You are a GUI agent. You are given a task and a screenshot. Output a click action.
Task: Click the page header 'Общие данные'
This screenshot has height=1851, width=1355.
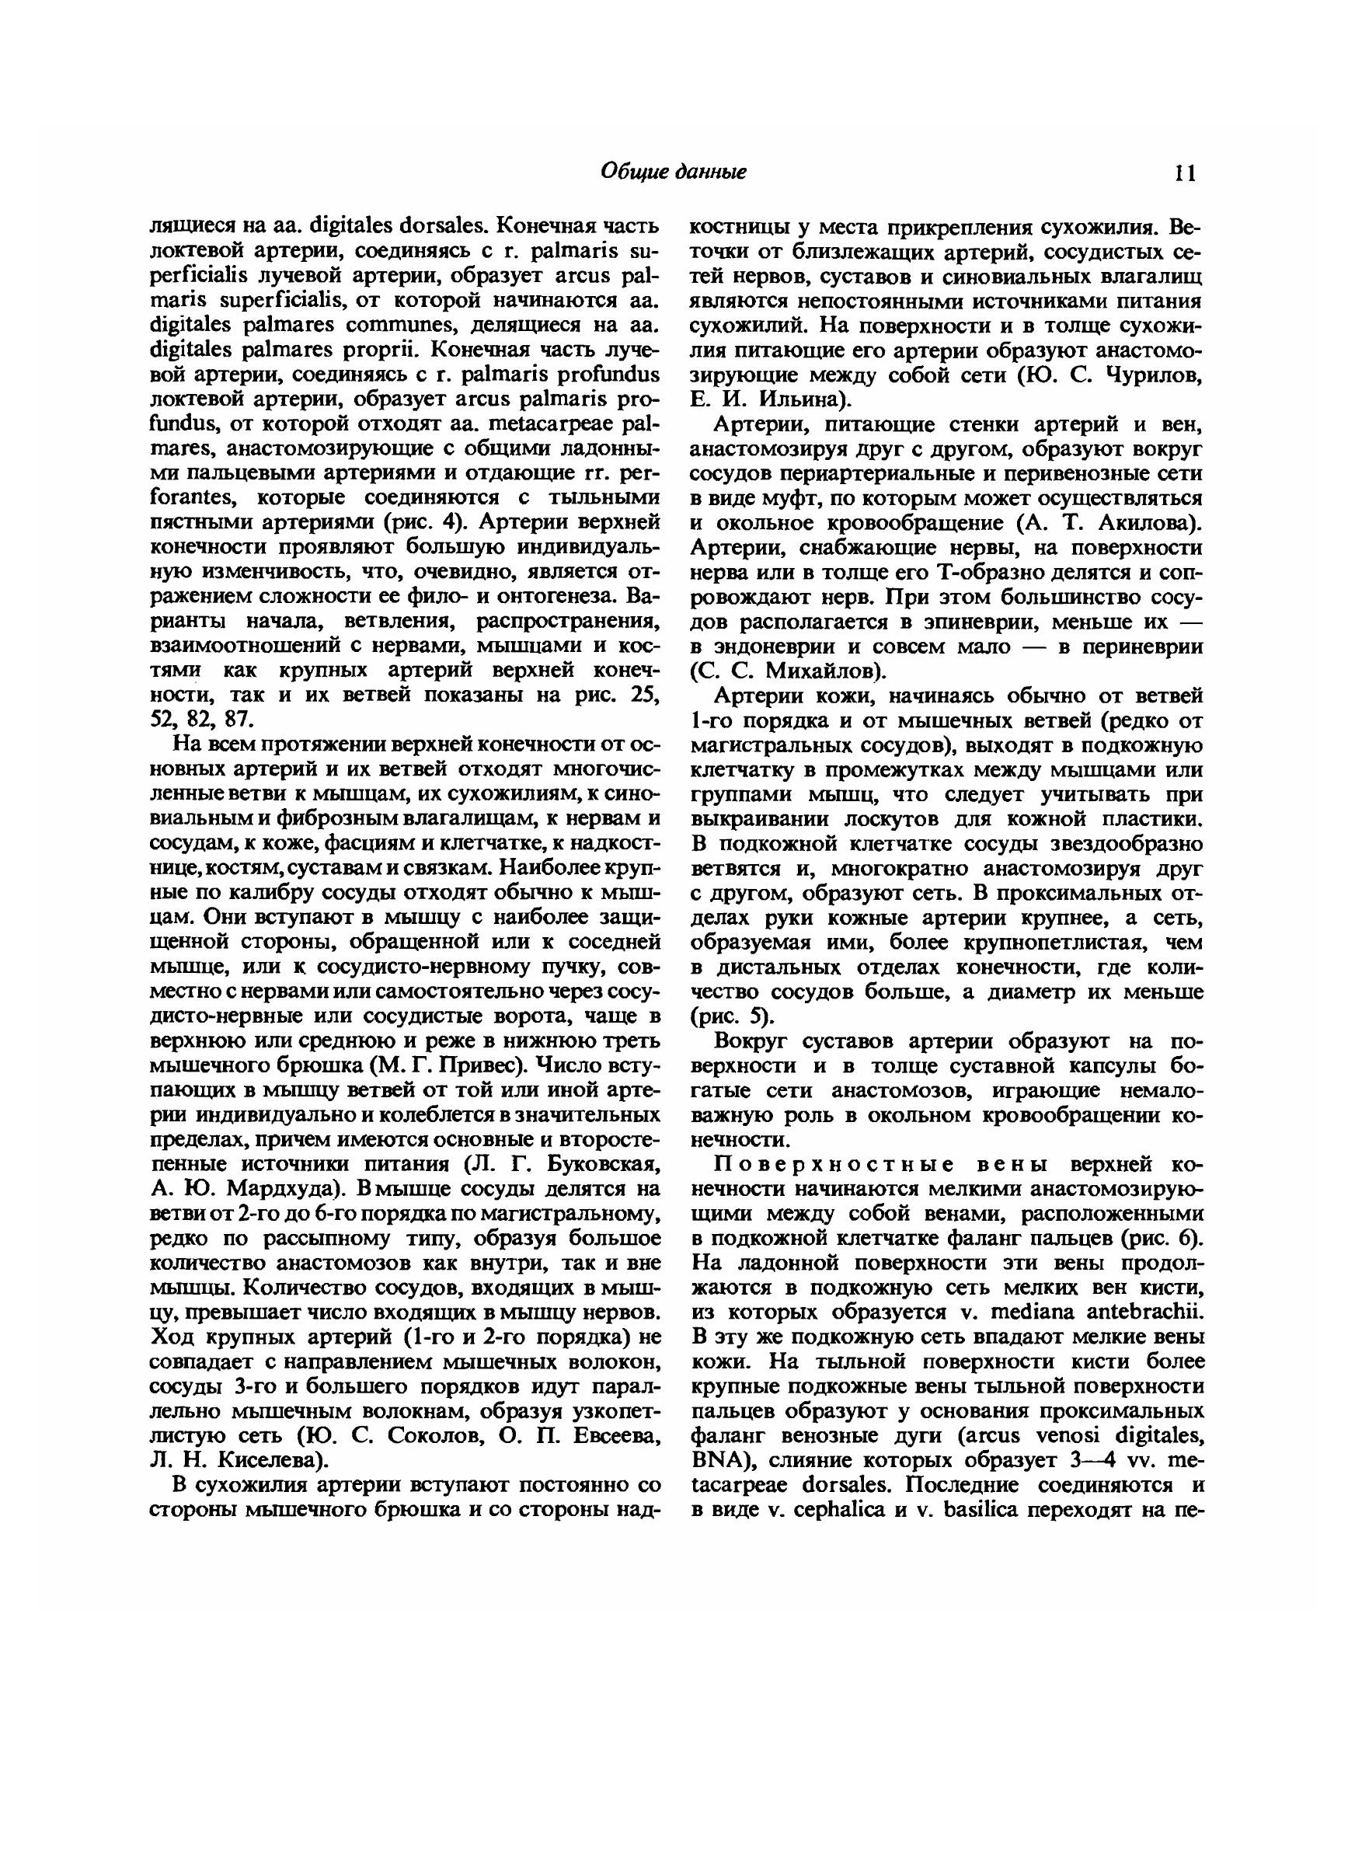pos(674,172)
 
